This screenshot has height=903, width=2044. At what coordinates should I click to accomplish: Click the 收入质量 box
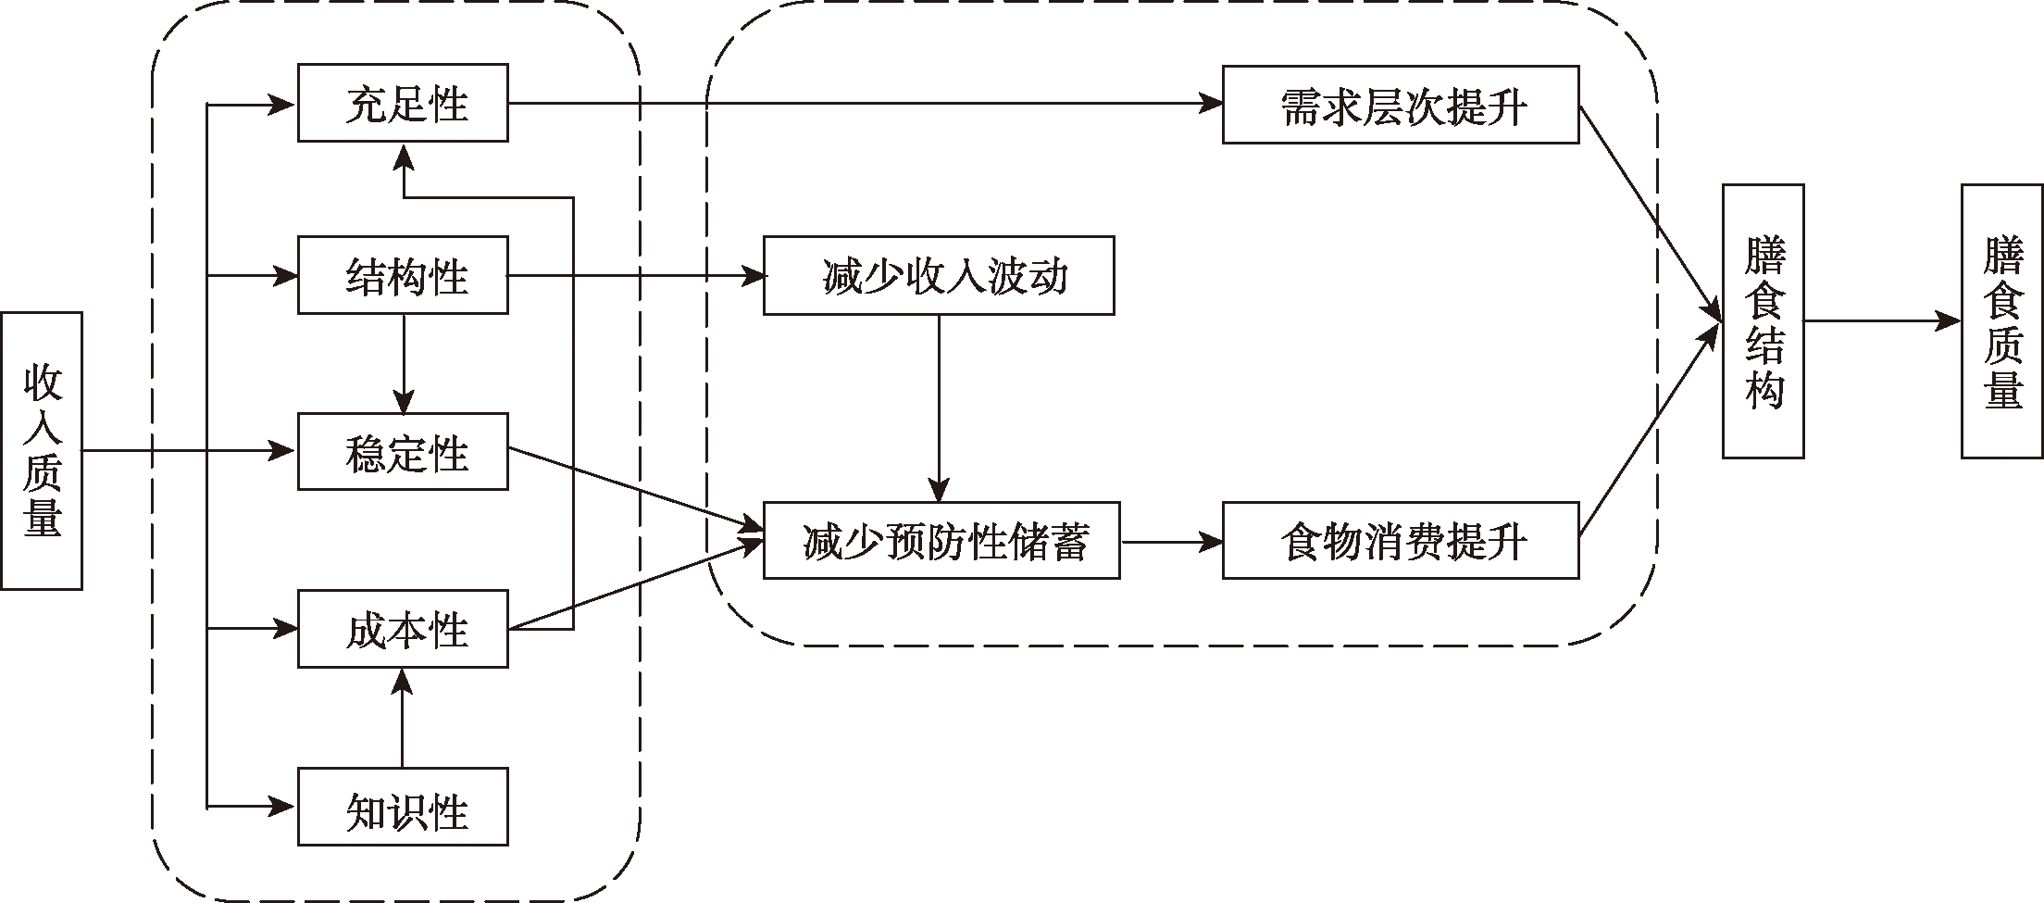point(42,450)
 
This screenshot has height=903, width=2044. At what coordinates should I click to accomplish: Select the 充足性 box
point(403,103)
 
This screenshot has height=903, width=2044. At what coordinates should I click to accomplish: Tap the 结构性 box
point(403,275)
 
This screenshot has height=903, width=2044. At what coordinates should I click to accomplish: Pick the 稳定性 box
point(403,452)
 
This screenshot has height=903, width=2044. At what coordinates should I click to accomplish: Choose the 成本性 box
point(403,629)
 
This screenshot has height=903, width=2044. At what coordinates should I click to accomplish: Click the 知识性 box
point(403,807)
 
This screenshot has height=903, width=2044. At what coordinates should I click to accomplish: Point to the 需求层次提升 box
point(1400,105)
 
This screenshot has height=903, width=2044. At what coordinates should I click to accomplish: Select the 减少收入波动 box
point(938,276)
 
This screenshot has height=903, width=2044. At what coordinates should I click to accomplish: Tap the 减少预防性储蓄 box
point(941,541)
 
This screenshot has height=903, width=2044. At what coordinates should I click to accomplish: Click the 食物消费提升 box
point(1400,541)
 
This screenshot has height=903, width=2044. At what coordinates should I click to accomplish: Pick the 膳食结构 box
point(1763,321)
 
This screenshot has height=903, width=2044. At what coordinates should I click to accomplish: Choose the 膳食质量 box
point(2002,321)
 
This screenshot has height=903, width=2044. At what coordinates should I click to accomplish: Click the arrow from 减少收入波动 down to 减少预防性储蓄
point(939,408)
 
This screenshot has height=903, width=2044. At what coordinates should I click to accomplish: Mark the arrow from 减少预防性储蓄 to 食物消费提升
point(1170,542)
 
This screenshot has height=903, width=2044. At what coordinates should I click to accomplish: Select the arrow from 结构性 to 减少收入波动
point(635,276)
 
